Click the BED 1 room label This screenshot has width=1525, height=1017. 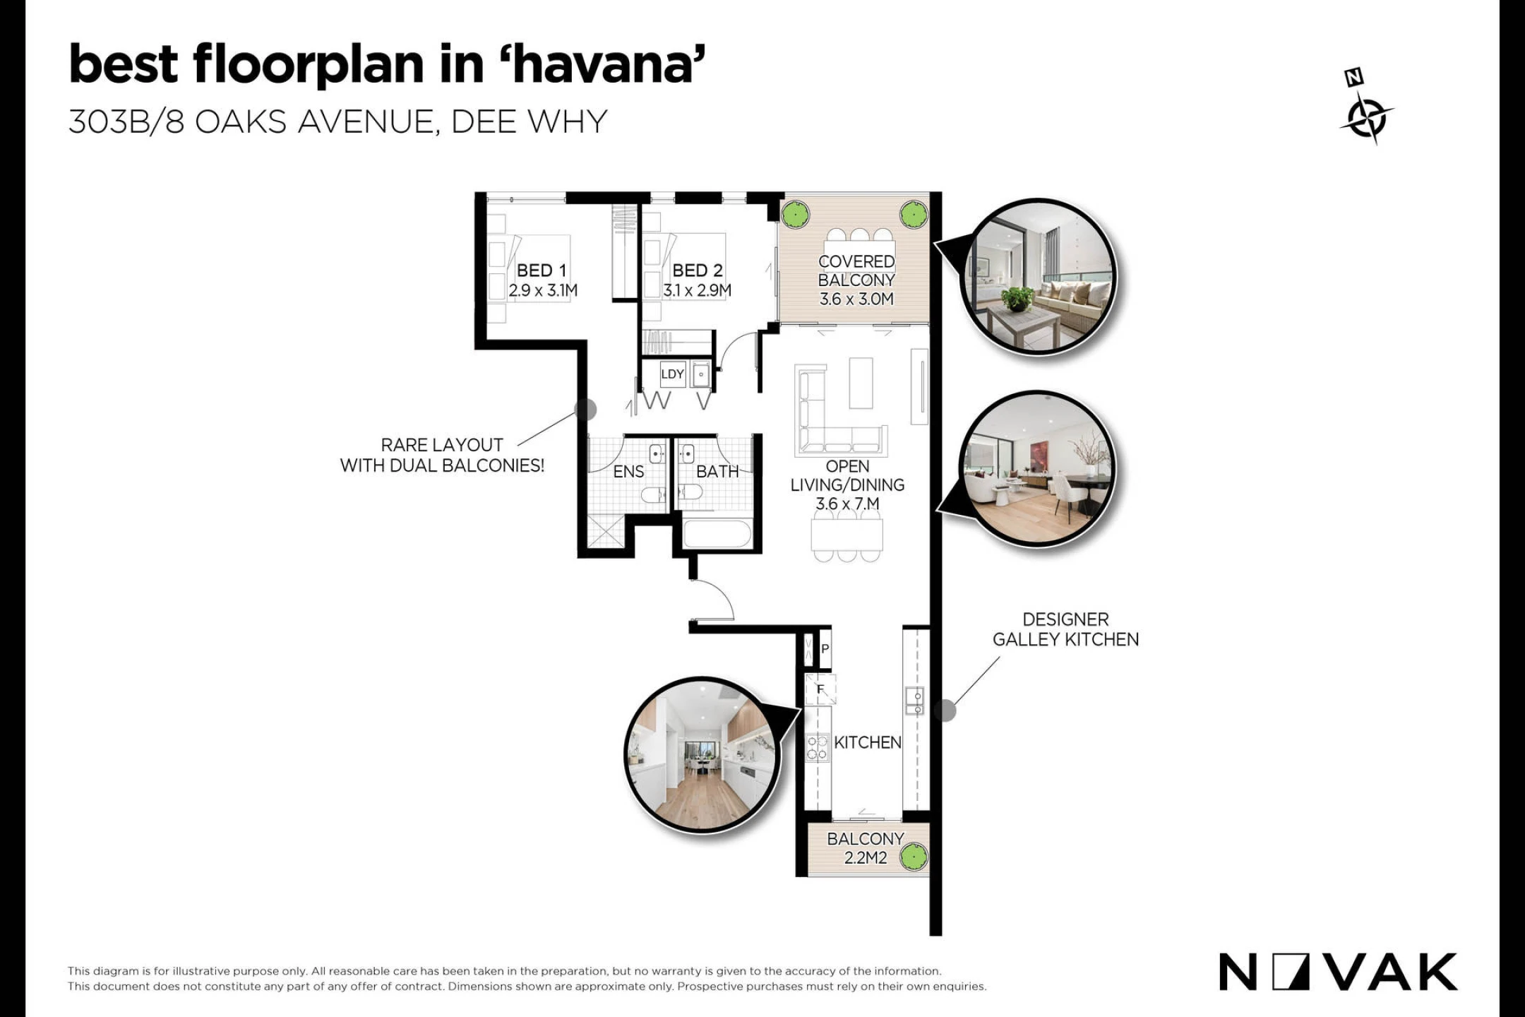(x=542, y=270)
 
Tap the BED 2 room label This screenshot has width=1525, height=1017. (x=698, y=270)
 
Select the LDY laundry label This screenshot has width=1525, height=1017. (x=672, y=374)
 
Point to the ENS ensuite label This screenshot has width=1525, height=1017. (x=628, y=472)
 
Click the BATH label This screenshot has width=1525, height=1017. (x=717, y=472)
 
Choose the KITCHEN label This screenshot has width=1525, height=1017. (x=868, y=742)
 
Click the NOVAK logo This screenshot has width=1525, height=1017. (x=1338, y=972)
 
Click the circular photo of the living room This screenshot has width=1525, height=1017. (x=1037, y=469)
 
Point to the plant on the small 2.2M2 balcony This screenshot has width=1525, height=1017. (x=914, y=857)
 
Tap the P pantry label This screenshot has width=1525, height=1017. (x=825, y=648)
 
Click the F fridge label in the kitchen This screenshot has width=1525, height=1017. (x=820, y=689)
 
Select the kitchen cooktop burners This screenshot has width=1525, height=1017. (x=818, y=747)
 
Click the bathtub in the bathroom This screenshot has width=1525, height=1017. (x=717, y=534)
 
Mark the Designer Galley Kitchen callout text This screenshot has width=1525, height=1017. (x=1065, y=629)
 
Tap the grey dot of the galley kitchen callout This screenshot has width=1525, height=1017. (x=945, y=710)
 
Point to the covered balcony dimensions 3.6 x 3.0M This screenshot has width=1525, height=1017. (x=856, y=299)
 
